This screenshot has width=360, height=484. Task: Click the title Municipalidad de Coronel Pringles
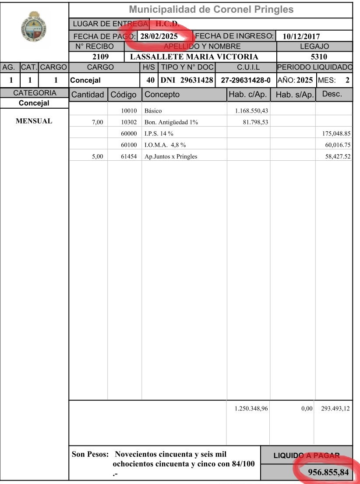tap(212, 10)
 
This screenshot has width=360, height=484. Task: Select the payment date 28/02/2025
tap(159, 36)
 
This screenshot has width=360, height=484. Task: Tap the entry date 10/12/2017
tap(301, 36)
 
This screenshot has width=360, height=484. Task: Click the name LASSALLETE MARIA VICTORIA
tap(194, 57)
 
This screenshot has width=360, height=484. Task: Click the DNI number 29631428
tap(197, 80)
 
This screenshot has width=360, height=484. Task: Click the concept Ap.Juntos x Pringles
tap(171, 157)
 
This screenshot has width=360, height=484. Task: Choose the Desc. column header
tap(332, 94)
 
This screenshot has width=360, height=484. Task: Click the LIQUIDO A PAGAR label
tap(307, 456)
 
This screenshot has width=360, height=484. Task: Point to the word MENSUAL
tap(34, 121)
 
